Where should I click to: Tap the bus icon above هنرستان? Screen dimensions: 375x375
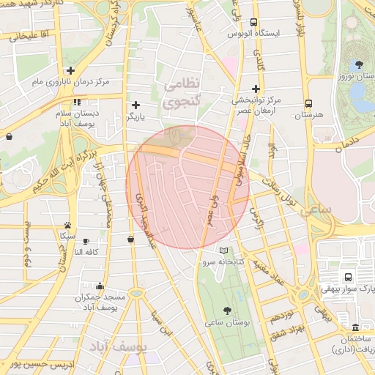coord(308,103)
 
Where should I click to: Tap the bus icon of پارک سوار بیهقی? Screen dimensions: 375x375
coord(347,277)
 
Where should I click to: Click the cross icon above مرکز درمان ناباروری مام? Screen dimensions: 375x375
coord(70,70)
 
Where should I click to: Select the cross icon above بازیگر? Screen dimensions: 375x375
coord(135,105)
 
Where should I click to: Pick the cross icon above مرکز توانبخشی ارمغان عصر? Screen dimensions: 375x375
coord(256,87)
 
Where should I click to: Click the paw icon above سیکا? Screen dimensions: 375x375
coord(67,225)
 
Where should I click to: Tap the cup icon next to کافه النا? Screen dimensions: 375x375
coord(86,240)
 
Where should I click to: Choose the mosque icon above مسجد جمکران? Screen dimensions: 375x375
coord(100,286)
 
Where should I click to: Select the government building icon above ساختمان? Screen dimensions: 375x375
coord(355,327)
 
